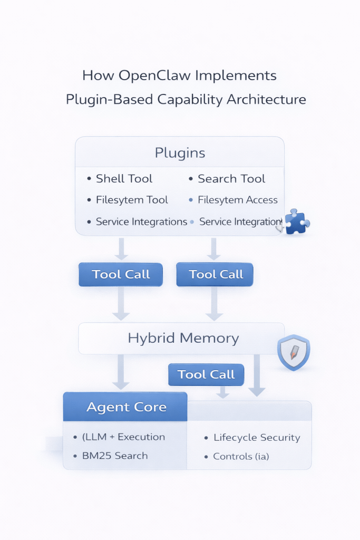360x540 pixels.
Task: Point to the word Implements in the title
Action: (236, 75)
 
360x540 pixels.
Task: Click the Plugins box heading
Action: (180, 153)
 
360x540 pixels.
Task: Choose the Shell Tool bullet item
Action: (124, 179)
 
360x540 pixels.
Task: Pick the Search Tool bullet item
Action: (231, 179)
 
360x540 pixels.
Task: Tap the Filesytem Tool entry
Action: (132, 200)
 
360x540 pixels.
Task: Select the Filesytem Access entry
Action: (237, 200)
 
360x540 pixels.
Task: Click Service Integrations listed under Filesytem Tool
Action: (141, 221)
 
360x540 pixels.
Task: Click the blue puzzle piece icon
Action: (297, 221)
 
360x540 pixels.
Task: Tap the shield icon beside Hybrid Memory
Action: (294, 352)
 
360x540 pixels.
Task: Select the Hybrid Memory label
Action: (183, 338)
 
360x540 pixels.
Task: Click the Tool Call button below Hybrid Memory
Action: (206, 374)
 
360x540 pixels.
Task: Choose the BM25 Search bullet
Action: (115, 456)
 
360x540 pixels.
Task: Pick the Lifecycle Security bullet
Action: (256, 438)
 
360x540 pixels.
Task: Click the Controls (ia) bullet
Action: (241, 456)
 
